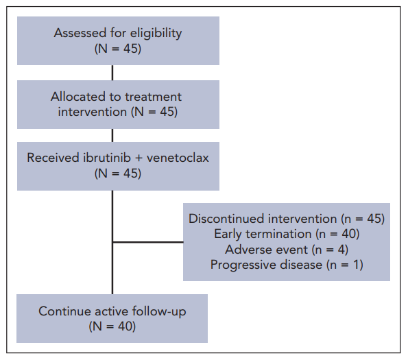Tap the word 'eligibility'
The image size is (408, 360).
pyautogui.click(x=156, y=34)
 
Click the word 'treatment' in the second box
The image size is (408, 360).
pyautogui.click(x=153, y=97)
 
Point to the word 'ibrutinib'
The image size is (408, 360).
pyautogui.click(x=107, y=158)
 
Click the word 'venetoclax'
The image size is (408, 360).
pyautogui.click(x=178, y=158)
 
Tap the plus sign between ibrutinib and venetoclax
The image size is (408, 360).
pyautogui.click(x=139, y=158)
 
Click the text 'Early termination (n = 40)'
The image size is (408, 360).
pyautogui.click(x=287, y=234)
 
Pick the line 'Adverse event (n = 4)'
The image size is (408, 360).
pyautogui.click(x=287, y=250)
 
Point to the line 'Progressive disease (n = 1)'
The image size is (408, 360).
pyautogui.click(x=287, y=265)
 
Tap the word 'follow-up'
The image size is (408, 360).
pyautogui.click(x=159, y=311)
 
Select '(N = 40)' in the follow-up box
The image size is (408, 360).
pyautogui.click(x=112, y=326)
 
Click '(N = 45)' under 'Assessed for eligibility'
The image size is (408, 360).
pyautogui.click(x=118, y=49)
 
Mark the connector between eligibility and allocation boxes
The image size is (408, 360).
pyautogui.click(x=112, y=73)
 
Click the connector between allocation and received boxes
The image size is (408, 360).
pyautogui.click(x=112, y=135)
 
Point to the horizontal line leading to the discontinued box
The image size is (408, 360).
pyautogui.click(x=148, y=242)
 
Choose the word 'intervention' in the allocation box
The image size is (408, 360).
pyautogui.click(x=93, y=112)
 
